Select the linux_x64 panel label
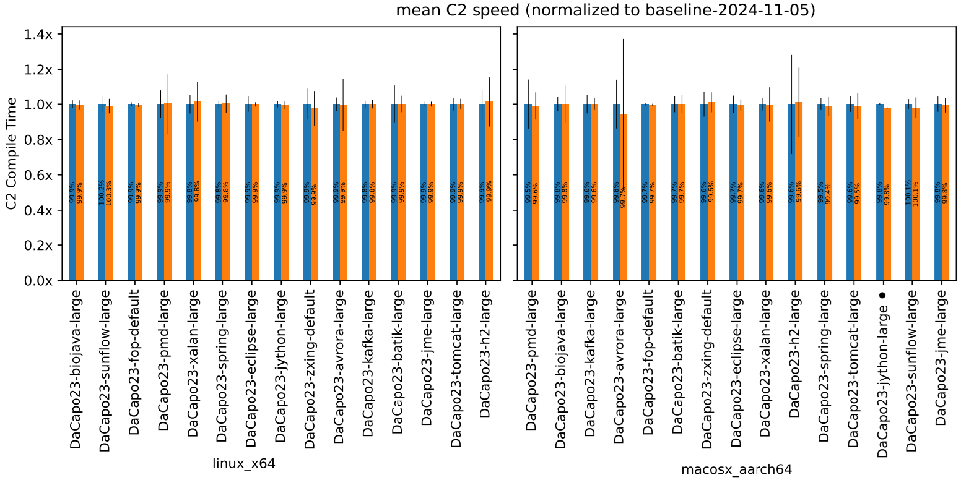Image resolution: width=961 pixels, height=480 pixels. click(x=244, y=463)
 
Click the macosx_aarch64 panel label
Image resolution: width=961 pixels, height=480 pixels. click(x=736, y=469)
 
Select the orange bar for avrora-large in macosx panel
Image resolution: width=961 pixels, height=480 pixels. click(x=624, y=198)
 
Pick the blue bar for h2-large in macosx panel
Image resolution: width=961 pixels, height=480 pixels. click(x=791, y=192)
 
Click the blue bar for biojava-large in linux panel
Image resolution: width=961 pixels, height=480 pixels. click(x=72, y=192)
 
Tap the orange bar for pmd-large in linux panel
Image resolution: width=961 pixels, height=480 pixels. click(x=168, y=192)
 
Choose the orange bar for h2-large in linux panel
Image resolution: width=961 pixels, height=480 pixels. click(x=489, y=192)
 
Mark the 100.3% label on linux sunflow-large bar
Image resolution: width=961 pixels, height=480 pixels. click(x=109, y=192)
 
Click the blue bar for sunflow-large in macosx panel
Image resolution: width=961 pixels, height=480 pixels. click(x=908, y=192)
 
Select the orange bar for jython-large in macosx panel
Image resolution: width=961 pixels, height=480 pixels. click(x=887, y=195)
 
